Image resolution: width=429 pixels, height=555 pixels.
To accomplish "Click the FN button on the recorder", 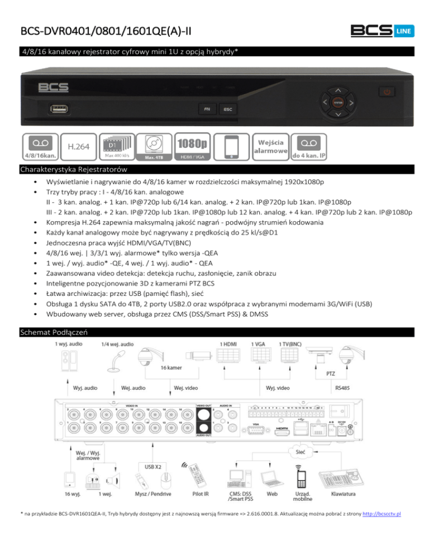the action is [x=207, y=109].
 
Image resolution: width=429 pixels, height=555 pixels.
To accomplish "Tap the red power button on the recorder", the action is [x=389, y=91].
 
